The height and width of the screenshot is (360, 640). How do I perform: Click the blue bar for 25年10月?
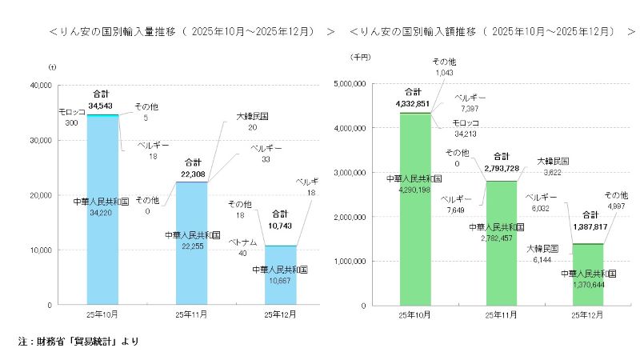102,240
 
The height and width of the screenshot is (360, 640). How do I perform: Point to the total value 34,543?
102,105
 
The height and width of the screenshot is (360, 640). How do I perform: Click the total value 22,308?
193,172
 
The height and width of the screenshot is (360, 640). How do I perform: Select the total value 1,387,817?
590,227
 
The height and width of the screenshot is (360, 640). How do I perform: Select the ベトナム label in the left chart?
242,241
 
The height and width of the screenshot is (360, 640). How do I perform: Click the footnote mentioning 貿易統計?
78,342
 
